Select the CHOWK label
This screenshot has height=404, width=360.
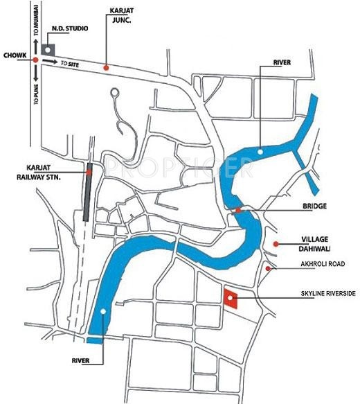tap(14, 55)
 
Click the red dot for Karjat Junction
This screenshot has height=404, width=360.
tap(106, 67)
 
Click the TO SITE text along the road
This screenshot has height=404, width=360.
tap(69, 64)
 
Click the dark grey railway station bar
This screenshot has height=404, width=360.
tap(87, 195)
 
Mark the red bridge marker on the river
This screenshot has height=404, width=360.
tap(237, 210)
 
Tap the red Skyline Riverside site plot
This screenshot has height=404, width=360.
tap(231, 299)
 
